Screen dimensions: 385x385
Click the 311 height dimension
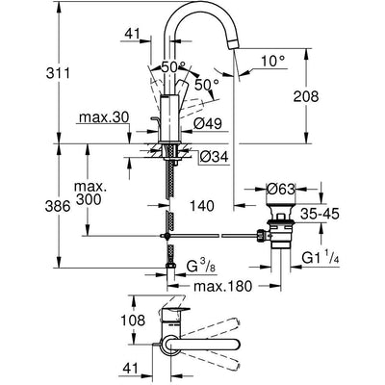pyautogui.click(x=58, y=74)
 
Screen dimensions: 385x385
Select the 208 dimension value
pyautogui.click(x=306, y=96)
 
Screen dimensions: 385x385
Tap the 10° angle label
pyautogui.click(x=272, y=61)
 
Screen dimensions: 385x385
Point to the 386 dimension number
pyautogui.click(x=58, y=206)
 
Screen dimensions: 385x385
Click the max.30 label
pyautogui.click(x=104, y=117)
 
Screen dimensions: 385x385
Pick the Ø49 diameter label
pyautogui.click(x=208, y=123)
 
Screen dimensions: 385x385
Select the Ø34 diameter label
pyautogui.click(x=214, y=157)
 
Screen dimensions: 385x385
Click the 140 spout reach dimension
pyautogui.click(x=201, y=206)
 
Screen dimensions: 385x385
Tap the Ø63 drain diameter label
pyautogui.click(x=280, y=190)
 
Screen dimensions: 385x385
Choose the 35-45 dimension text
pyautogui.click(x=320, y=214)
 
